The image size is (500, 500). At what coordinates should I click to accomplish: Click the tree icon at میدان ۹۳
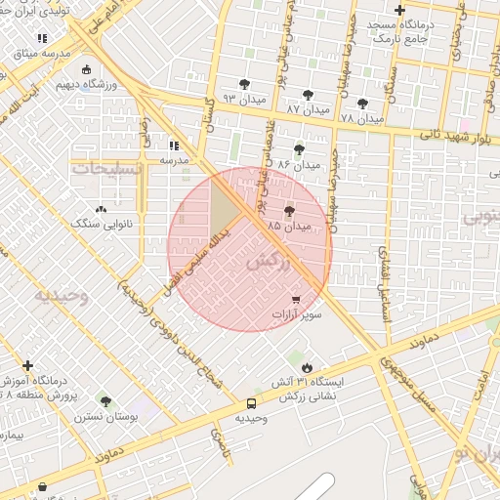(243, 84)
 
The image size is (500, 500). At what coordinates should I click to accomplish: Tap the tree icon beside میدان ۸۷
(309, 95)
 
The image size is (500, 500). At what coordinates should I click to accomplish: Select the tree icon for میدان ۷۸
(362, 103)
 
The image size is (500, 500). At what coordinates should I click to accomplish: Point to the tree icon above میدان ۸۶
(299, 149)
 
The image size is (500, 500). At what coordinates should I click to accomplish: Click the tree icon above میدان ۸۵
(289, 211)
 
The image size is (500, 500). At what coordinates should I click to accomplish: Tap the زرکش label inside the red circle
(270, 261)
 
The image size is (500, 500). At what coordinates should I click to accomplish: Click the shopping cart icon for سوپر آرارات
(296, 299)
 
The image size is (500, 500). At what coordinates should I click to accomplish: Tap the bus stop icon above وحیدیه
(252, 402)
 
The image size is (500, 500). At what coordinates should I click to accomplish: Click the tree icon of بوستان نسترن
(105, 400)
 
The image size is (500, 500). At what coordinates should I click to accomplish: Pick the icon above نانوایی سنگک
(101, 209)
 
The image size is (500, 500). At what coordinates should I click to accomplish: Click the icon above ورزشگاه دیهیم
(88, 69)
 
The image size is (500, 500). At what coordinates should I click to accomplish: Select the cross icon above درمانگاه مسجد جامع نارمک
(398, 9)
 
